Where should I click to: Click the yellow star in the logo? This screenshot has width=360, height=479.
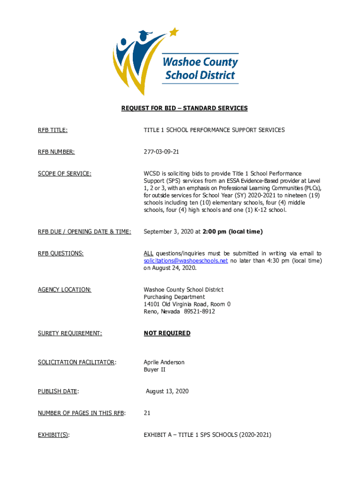tap(174, 32)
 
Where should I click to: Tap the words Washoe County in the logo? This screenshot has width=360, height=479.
tap(200, 62)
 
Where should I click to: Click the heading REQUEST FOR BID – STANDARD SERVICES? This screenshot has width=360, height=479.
tap(184, 109)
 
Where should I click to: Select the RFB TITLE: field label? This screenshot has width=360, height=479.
tap(53, 130)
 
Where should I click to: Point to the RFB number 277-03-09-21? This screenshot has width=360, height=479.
tap(161, 152)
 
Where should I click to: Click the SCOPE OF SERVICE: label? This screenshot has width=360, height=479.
tap(65, 174)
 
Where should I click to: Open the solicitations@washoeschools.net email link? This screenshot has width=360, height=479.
tap(186, 261)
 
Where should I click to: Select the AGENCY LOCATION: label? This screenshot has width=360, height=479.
tap(65, 290)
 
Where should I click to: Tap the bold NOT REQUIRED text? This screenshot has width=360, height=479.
tap(167, 334)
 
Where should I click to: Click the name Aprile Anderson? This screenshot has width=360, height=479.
tap(164, 363)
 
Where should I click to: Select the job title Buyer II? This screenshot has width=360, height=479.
tap(154, 370)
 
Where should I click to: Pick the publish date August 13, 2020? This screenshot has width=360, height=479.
tap(167, 392)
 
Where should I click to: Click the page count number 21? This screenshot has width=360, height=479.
tap(147, 413)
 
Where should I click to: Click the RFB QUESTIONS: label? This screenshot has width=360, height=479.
tap(61, 254)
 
